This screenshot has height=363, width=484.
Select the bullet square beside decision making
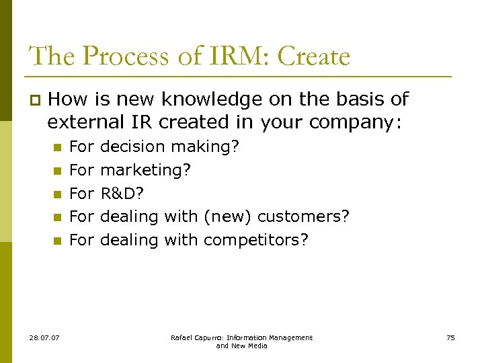(57, 147)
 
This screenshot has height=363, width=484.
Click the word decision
(132, 147)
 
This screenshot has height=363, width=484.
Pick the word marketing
(145, 170)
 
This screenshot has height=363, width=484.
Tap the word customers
(303, 216)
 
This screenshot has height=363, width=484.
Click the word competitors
(256, 240)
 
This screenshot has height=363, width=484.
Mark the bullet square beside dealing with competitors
(57, 241)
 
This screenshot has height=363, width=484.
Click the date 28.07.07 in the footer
(44, 337)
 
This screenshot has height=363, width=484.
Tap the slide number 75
(450, 337)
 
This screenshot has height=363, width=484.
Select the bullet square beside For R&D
(57, 194)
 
